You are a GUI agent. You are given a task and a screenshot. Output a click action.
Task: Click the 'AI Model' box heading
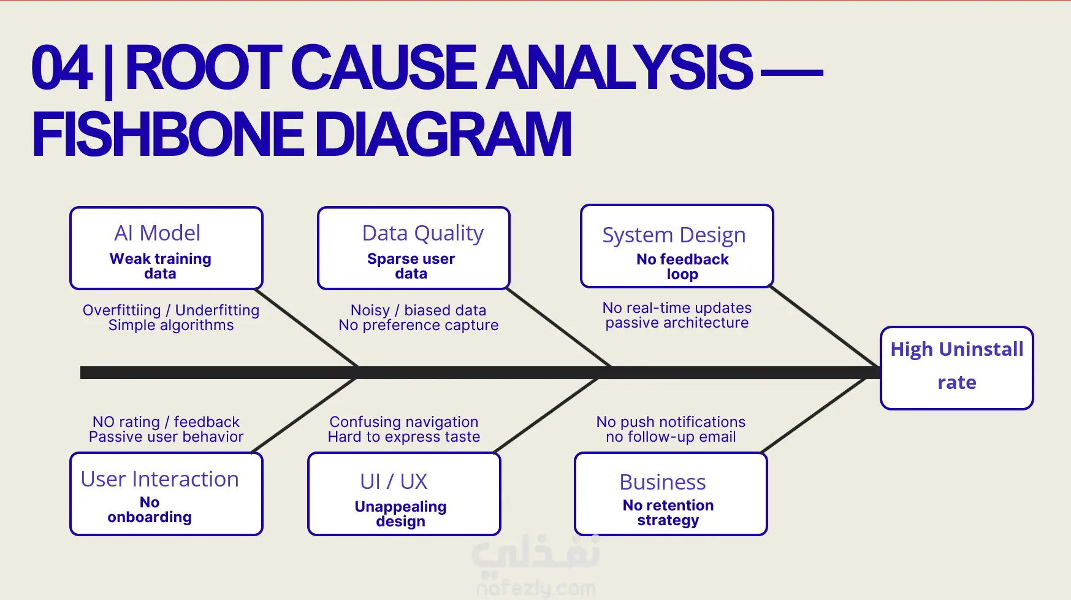(157, 233)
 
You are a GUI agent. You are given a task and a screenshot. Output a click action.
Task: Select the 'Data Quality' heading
(423, 234)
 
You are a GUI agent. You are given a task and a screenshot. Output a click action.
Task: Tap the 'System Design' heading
(674, 236)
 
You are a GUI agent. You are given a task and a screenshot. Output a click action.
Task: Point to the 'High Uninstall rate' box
(957, 368)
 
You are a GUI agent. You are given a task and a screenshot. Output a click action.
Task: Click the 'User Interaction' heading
(159, 479)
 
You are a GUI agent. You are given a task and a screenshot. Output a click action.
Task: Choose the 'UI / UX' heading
(394, 482)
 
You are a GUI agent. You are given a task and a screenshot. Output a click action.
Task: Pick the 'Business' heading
(663, 482)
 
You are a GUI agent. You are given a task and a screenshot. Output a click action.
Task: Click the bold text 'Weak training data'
(161, 266)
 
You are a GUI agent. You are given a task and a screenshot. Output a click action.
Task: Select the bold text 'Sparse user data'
(411, 266)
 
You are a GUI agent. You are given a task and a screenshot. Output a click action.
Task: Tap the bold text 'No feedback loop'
(683, 267)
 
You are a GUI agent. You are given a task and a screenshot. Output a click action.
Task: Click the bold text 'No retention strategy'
(668, 513)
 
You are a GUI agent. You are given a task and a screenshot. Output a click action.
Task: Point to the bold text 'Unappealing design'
(400, 514)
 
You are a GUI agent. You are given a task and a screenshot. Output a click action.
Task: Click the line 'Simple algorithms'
(171, 325)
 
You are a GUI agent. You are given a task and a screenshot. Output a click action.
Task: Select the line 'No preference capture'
(419, 325)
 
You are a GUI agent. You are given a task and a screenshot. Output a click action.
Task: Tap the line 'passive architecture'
(677, 323)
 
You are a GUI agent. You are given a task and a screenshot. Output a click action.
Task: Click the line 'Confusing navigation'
(404, 422)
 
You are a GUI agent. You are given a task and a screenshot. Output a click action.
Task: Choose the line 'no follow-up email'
(671, 437)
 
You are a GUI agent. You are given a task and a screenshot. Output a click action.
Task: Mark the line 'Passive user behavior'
(166, 437)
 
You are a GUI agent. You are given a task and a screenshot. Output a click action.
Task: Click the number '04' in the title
(62, 67)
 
